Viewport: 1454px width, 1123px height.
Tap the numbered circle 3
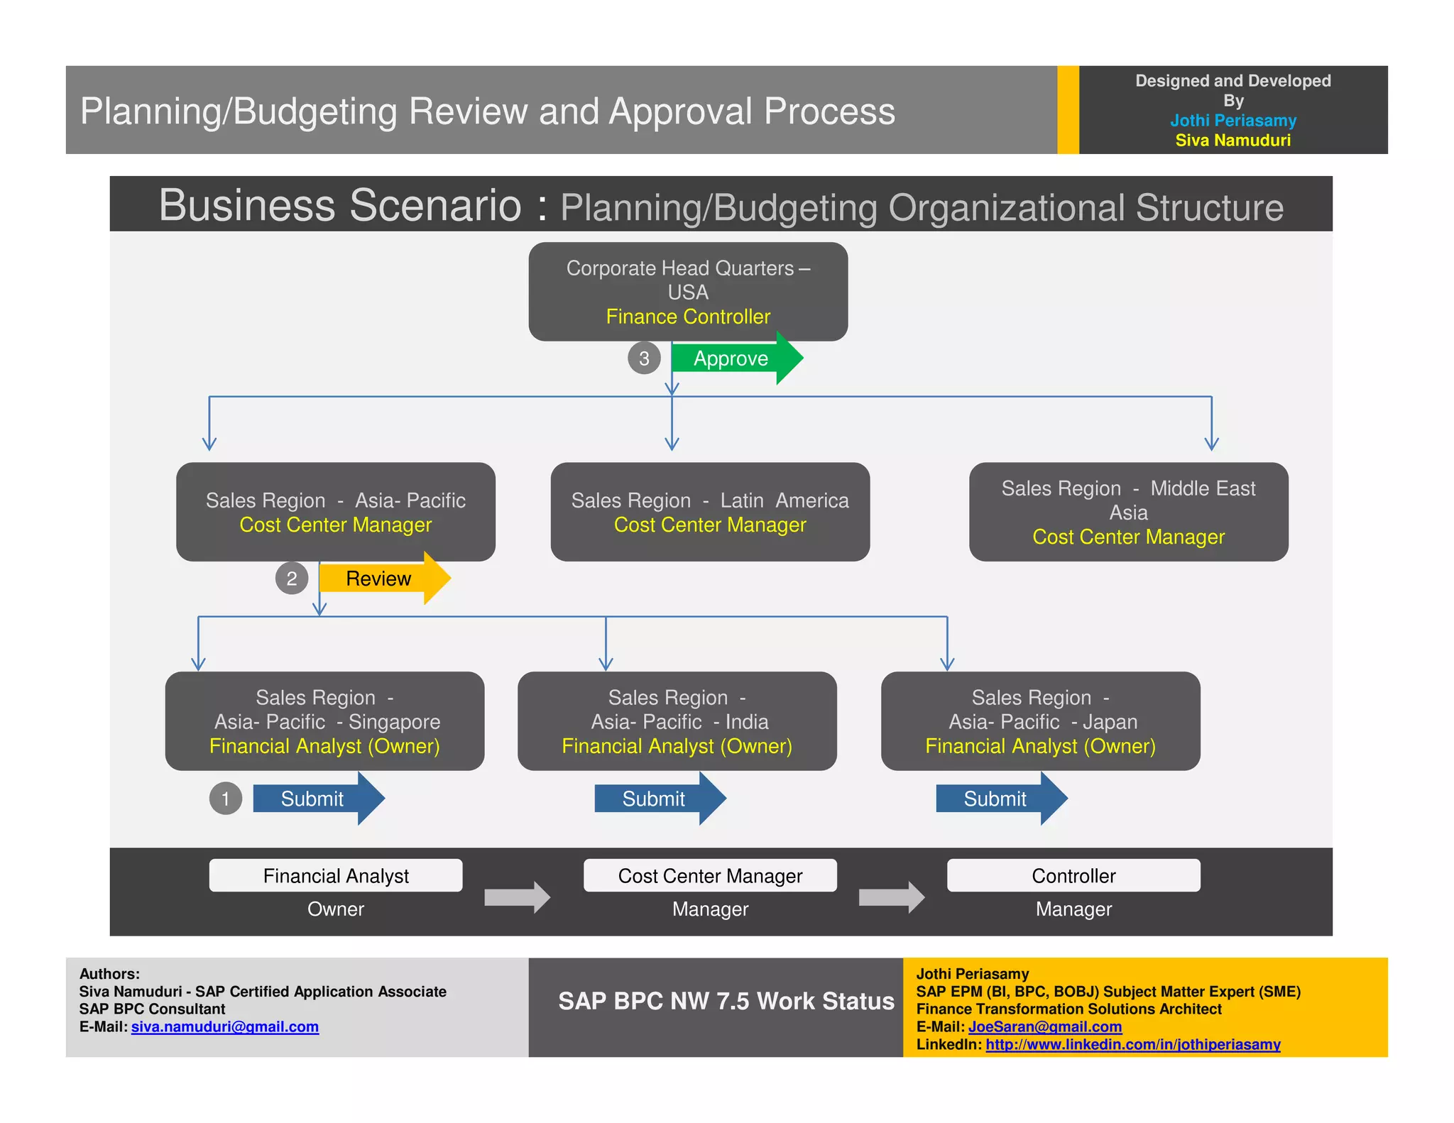(x=644, y=358)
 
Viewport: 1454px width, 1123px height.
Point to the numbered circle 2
(x=292, y=579)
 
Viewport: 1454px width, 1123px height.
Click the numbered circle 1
(x=226, y=799)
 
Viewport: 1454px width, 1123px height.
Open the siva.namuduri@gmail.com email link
(x=225, y=1026)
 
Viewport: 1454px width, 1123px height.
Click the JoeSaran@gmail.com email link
(x=1045, y=1026)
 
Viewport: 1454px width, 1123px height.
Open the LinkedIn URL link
(x=1133, y=1044)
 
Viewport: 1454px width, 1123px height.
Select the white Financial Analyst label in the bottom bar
(x=336, y=876)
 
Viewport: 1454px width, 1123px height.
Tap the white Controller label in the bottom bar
(x=1073, y=876)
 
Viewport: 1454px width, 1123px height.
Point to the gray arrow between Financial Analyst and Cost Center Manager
(x=517, y=897)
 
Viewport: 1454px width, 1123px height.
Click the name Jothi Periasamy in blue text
(x=1233, y=121)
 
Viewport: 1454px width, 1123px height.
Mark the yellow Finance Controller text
(x=688, y=317)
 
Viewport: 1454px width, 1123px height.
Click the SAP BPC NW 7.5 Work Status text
(x=726, y=1001)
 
